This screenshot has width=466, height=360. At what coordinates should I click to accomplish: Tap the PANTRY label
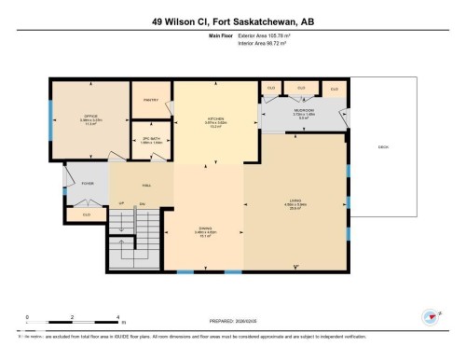151,99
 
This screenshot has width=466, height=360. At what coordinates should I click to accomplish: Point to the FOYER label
88,184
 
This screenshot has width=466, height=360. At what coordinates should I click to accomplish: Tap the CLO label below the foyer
86,214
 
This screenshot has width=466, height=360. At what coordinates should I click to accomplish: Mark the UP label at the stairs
121,204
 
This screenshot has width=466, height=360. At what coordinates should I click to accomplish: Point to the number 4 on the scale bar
117,317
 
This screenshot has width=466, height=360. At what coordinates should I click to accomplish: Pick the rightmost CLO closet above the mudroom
334,89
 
